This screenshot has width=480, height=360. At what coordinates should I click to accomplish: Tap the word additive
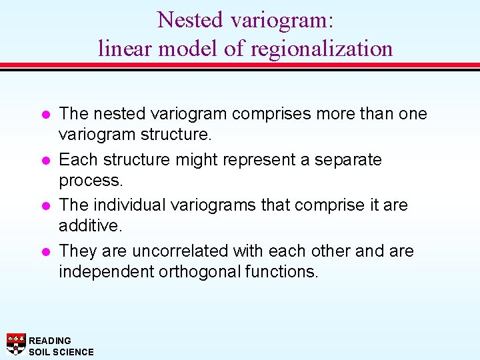pyautogui.click(x=90, y=227)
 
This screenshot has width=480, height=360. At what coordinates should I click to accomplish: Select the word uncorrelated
pyautogui.click(x=181, y=251)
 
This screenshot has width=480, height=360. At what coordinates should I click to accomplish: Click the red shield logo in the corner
pyautogui.click(x=16, y=343)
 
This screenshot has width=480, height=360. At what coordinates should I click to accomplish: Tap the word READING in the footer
pyautogui.click(x=50, y=341)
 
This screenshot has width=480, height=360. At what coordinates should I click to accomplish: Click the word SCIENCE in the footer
pyautogui.click(x=74, y=352)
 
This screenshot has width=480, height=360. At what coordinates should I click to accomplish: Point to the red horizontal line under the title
pyautogui.click(x=240, y=65)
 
